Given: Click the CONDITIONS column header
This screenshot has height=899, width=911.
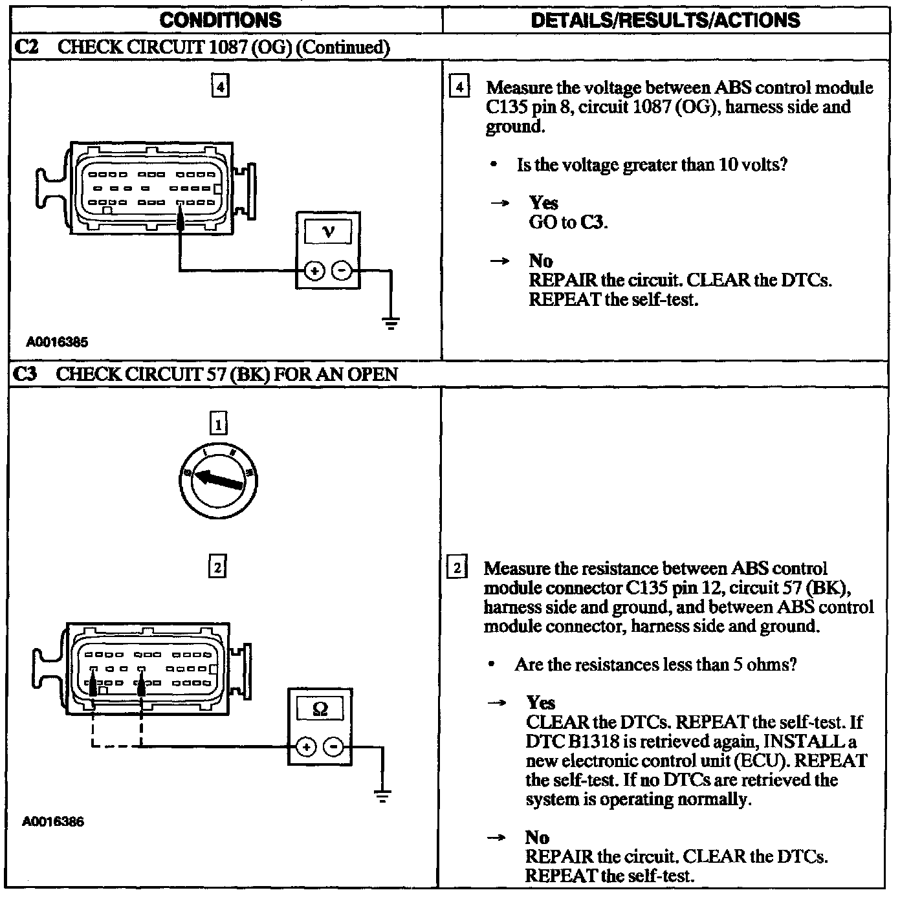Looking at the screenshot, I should (x=220, y=20).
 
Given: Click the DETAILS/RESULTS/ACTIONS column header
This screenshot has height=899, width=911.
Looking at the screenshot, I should (x=665, y=20).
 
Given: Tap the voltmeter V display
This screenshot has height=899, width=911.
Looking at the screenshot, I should (x=329, y=231).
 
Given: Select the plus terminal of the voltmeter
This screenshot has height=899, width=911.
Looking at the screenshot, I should (x=314, y=271).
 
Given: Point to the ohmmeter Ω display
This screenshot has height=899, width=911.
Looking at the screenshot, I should (x=320, y=709).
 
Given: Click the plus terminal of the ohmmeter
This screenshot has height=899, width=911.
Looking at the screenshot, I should (x=306, y=748).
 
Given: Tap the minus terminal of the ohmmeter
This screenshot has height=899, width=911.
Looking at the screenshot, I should (x=333, y=748).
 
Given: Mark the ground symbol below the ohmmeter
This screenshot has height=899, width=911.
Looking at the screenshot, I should (x=382, y=796).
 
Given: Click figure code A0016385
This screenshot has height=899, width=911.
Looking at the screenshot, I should (x=57, y=342).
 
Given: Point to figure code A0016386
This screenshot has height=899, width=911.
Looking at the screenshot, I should (x=53, y=822).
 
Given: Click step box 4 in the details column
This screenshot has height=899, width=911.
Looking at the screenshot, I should (x=459, y=87).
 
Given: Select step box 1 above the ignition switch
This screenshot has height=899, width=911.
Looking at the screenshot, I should (x=218, y=424).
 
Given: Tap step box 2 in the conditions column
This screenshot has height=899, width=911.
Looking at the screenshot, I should (x=217, y=567).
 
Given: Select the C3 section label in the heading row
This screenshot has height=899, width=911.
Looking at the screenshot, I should (x=25, y=374).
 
